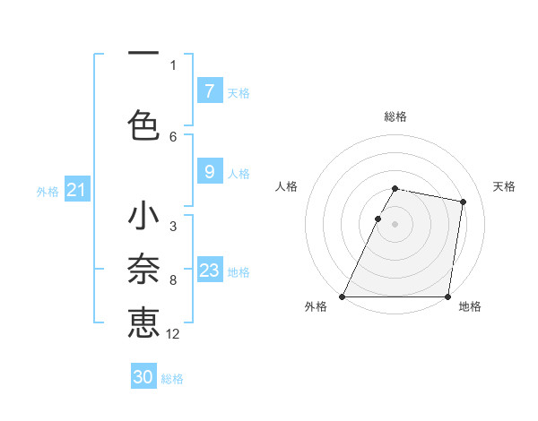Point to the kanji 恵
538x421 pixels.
[x=143, y=322]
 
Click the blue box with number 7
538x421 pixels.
[x=209, y=90]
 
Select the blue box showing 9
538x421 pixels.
[x=209, y=171]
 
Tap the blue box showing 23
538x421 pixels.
[x=209, y=271]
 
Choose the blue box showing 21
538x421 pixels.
[x=76, y=190]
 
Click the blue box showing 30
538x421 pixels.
[x=143, y=377]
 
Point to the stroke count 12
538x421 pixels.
[x=173, y=333]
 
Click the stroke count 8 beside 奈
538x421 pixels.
[x=173, y=280]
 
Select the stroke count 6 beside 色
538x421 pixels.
[x=173, y=136]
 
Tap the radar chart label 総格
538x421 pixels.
[x=395, y=116]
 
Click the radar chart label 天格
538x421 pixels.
[x=505, y=186]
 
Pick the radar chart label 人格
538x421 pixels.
[x=286, y=186]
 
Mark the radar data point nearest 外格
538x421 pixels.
[x=343, y=296]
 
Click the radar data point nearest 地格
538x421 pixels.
[x=447, y=296]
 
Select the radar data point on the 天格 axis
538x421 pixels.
[x=463, y=202]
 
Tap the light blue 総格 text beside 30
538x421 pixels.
[x=172, y=379]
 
